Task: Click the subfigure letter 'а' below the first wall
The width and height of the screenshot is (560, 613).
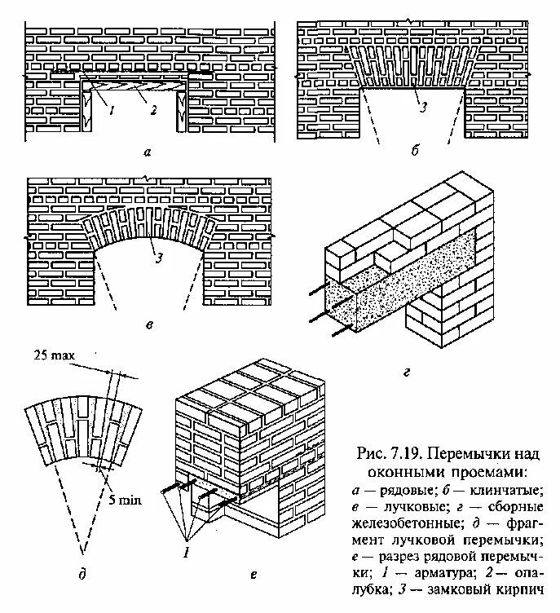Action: pos(147,152)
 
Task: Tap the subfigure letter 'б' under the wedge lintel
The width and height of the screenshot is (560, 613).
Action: pos(414,152)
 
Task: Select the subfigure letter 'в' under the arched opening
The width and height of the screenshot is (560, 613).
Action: pos(148,325)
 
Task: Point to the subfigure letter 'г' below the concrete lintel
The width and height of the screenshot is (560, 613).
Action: pos(405,374)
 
